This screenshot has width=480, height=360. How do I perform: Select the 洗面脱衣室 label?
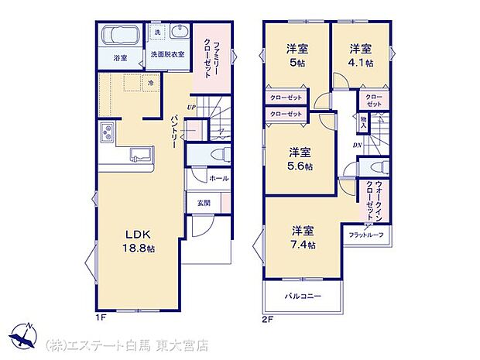coord(167,55)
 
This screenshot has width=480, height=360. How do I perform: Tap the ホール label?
coord(218,177)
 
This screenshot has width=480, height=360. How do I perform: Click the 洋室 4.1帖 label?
coord(360,54)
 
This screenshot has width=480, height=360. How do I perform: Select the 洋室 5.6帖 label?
coord(301,158)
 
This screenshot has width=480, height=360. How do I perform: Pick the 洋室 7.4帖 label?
coord(303,237)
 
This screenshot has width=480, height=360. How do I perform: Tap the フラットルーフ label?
coord(365,235)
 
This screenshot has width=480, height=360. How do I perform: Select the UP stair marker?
coord(191,107)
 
